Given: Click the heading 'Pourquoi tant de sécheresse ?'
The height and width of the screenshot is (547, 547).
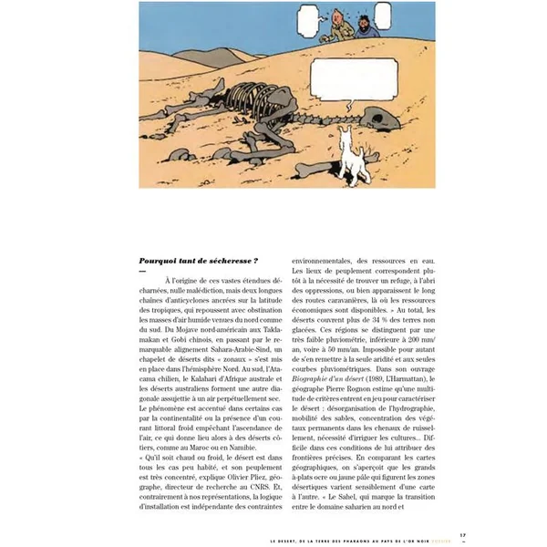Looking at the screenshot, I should coord(192,260).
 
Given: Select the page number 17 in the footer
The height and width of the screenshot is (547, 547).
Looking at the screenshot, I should coord(463,535).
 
